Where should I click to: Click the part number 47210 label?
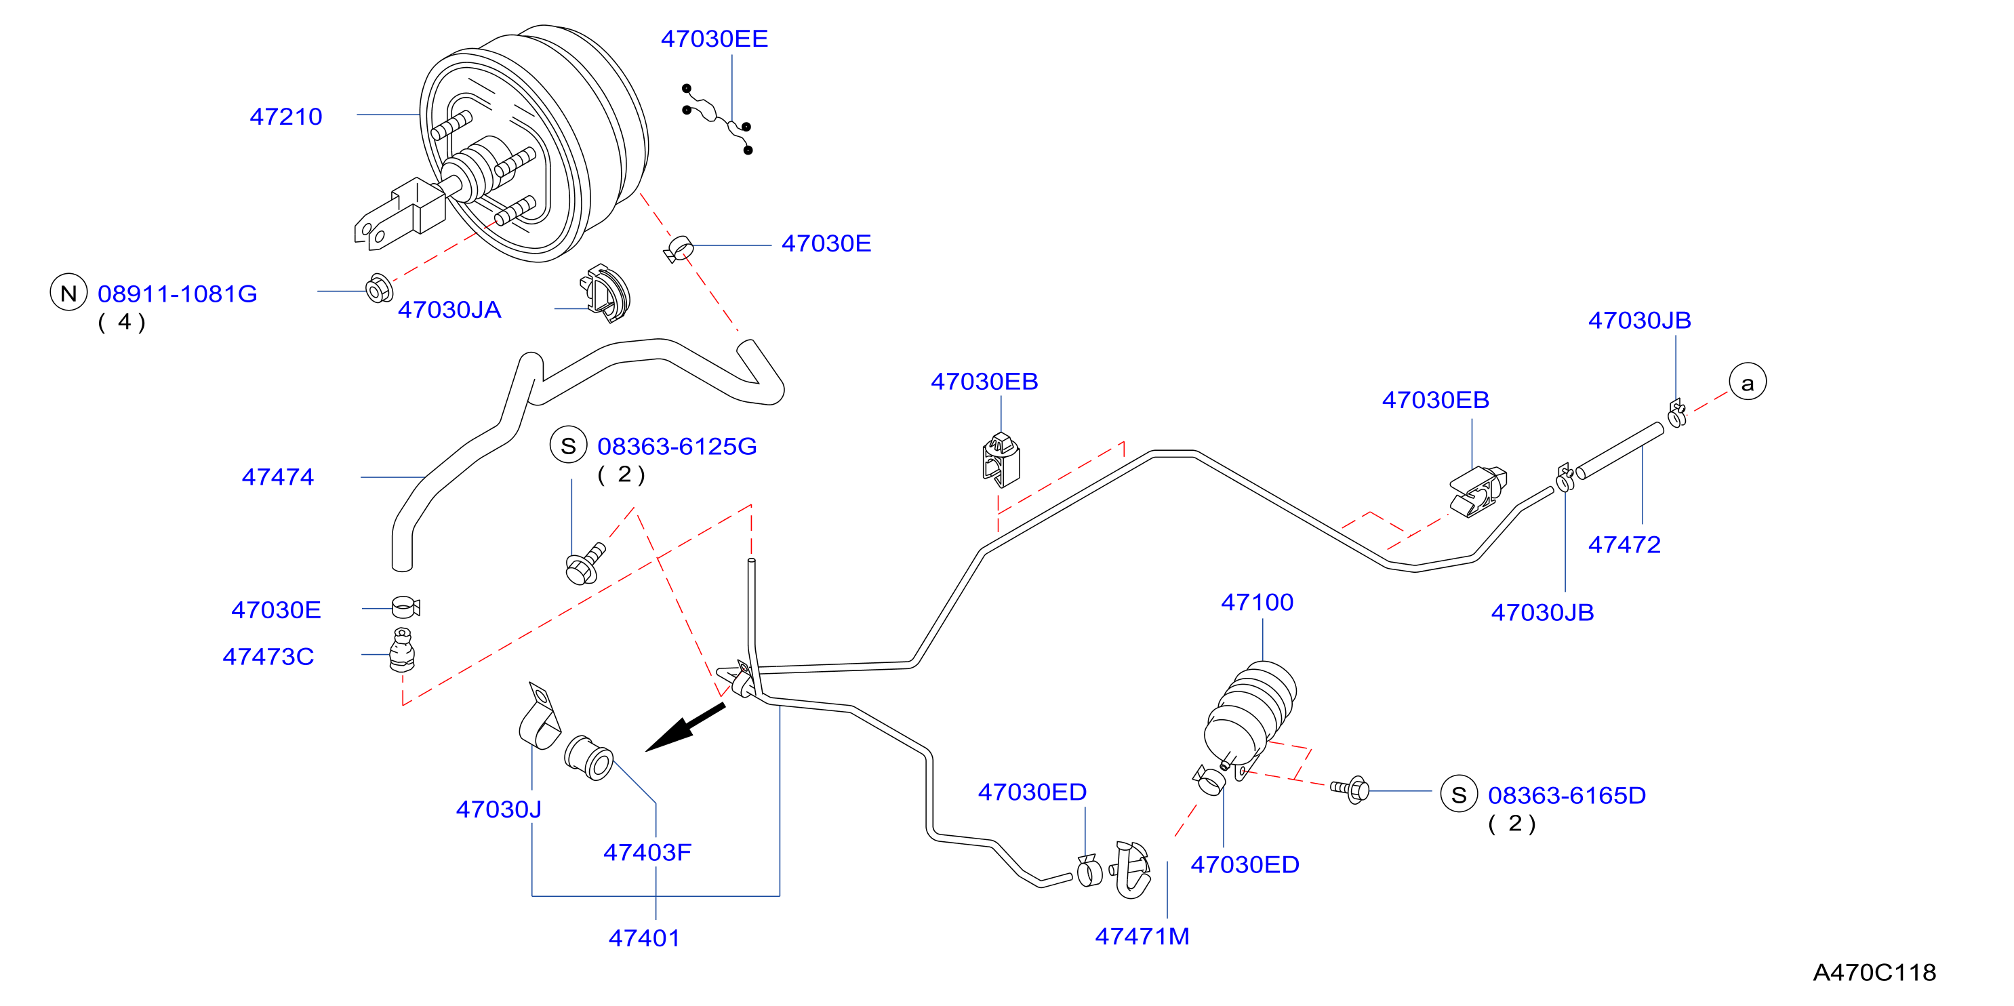pyautogui.click(x=285, y=117)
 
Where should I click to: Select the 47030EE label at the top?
pyautogui.click(x=714, y=39)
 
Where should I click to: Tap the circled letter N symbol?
pyautogui.click(x=68, y=292)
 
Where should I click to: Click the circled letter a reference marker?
pyautogui.click(x=1748, y=382)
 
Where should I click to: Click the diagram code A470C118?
pyautogui.click(x=1874, y=972)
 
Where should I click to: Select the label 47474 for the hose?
pyautogui.click(x=277, y=477)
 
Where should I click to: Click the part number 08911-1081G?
pyautogui.click(x=178, y=294)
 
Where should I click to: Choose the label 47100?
pyautogui.click(x=1257, y=602)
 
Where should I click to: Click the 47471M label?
pyautogui.click(x=1142, y=936)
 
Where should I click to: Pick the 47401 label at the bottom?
pyautogui.click(x=644, y=938)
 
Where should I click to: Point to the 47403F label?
pyautogui.click(x=647, y=852)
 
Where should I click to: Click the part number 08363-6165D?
pyautogui.click(x=1567, y=795)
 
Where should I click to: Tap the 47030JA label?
pyautogui.click(x=449, y=310)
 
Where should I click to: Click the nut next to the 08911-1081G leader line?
pyautogui.click(x=379, y=288)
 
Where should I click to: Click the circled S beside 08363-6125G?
pyautogui.click(x=568, y=445)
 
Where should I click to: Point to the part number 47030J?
pyautogui.click(x=499, y=809)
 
